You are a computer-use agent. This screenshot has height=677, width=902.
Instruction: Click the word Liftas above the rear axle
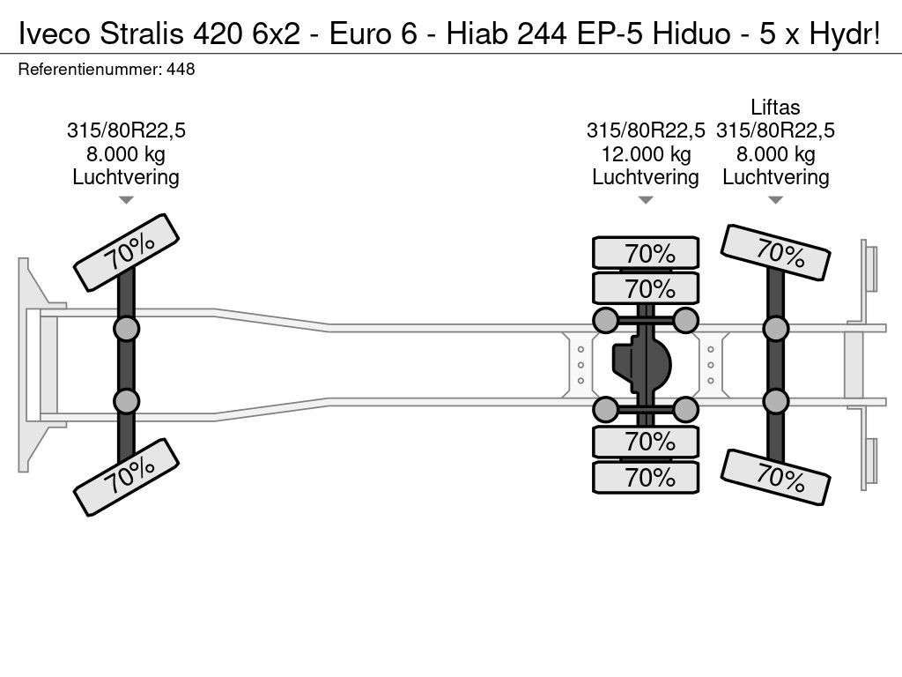coord(775,107)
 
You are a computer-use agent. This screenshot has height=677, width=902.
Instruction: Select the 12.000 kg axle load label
coord(646,153)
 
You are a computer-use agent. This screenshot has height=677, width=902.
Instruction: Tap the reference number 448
coord(181,69)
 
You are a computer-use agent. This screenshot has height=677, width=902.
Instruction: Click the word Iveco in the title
coord(55,34)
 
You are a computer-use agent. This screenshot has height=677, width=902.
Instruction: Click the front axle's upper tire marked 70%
coord(127,253)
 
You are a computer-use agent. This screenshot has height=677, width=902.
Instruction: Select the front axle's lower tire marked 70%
coord(127,477)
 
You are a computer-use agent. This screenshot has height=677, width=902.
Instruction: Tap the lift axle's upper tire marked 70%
coord(775,253)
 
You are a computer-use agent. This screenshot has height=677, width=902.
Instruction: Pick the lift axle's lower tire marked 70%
coord(775,478)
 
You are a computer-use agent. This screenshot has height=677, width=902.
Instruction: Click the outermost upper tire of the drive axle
coord(646,253)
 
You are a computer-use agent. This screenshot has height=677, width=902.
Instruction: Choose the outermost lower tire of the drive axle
coord(646,477)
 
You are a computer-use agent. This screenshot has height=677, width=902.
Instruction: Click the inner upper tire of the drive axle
coord(646,288)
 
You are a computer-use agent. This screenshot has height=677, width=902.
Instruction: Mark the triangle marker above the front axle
coord(126,200)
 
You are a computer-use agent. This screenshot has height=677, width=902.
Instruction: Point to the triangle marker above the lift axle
coord(775,200)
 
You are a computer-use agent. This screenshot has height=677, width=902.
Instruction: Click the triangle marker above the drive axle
coord(646,200)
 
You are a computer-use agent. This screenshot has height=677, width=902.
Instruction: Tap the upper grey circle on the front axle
coord(127,330)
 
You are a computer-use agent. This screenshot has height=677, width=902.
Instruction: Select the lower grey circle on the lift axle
coord(775,401)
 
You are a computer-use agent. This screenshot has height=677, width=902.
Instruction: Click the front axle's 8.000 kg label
coord(126,153)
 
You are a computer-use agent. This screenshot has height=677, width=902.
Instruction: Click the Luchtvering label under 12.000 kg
coord(646,177)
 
